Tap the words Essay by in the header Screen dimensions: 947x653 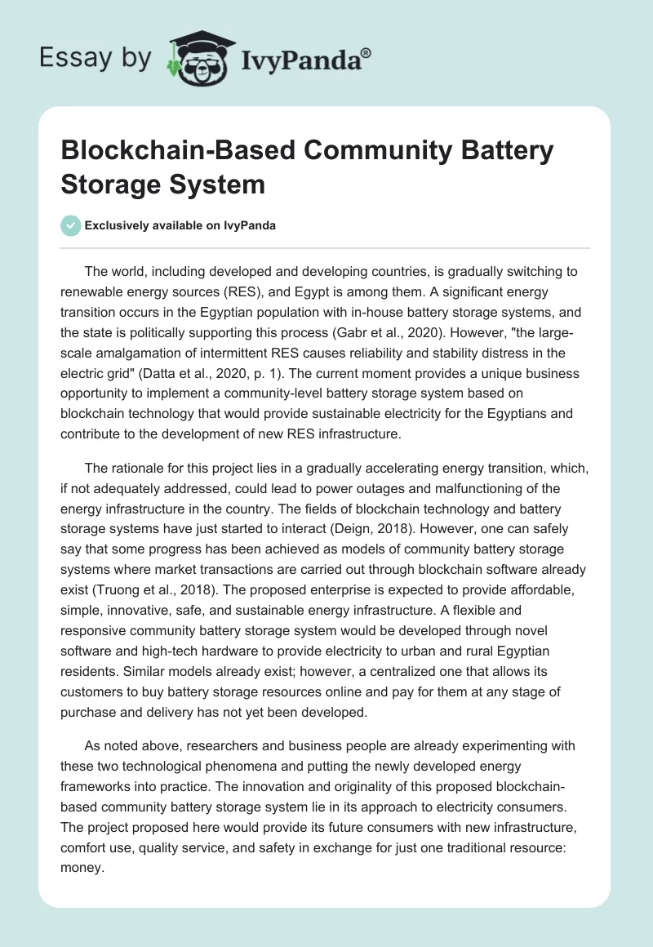[x=96, y=59]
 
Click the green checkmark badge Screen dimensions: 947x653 [x=71, y=225]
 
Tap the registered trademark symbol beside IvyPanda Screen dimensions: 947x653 [x=366, y=51]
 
